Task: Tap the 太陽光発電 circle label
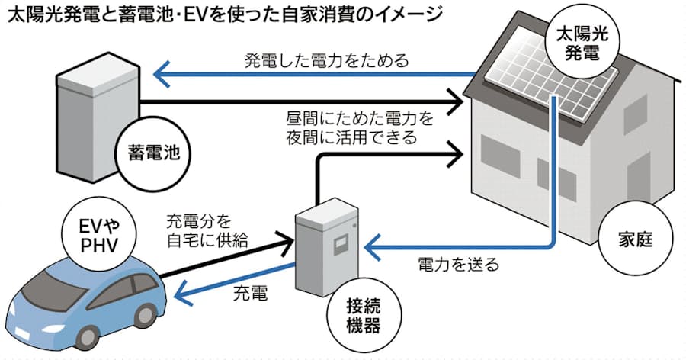[x=580, y=43]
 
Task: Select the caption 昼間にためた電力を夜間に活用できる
[x=350, y=128]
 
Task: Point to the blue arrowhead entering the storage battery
[x=162, y=74]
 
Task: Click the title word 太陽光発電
[x=45, y=15]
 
